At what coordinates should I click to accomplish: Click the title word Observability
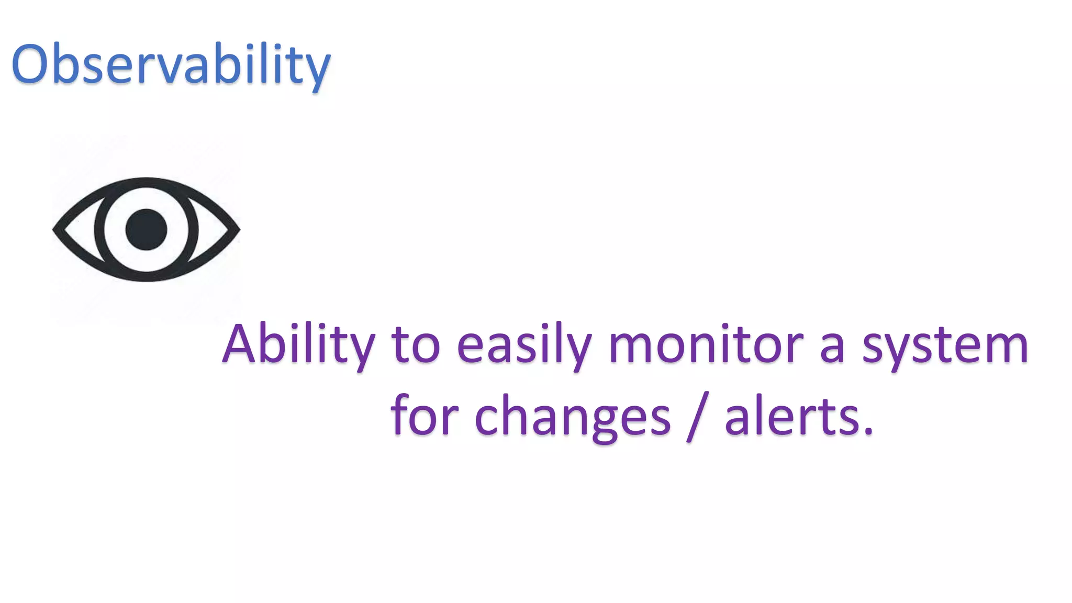point(171,65)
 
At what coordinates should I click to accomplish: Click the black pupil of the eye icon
point(146,229)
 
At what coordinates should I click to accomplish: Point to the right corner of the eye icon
point(237,229)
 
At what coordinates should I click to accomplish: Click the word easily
point(524,345)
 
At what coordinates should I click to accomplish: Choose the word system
point(945,347)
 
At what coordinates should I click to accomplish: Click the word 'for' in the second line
point(425,417)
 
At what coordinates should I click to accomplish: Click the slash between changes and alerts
point(698,417)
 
